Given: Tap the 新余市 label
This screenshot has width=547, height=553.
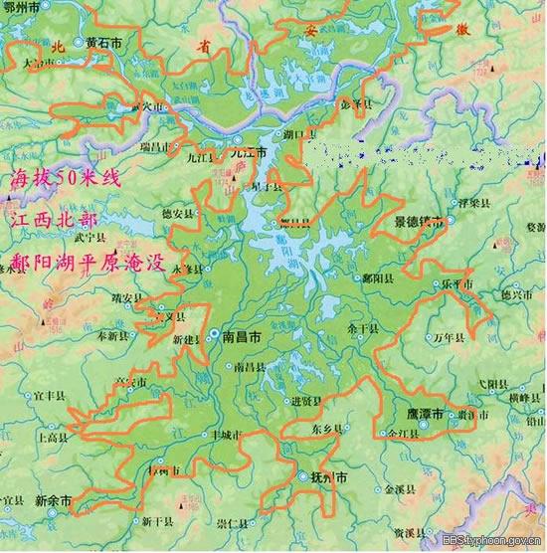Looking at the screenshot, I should pos(52,500).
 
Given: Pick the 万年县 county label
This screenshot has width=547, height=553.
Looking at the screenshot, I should pos(451,338).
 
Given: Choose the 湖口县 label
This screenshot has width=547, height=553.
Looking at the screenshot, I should pos(299,132).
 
